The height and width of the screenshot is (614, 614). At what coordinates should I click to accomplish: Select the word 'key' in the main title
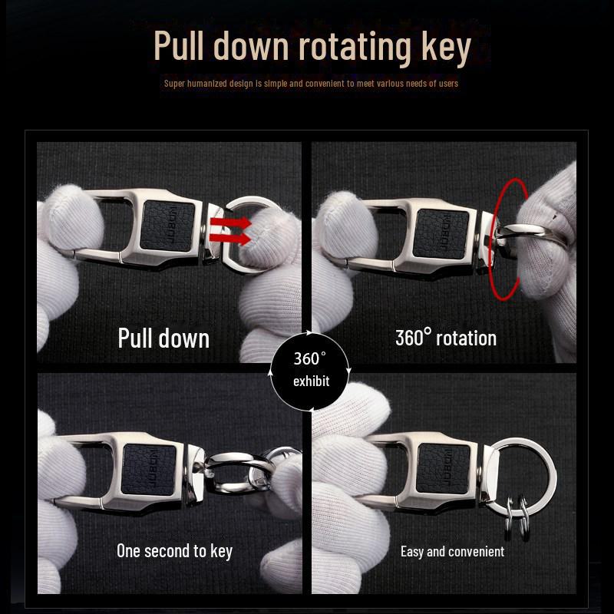point(445,48)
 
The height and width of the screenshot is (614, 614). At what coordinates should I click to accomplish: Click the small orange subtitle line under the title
point(311,83)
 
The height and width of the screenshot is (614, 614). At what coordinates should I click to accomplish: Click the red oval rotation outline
point(502,239)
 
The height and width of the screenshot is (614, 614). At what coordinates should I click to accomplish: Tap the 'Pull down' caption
point(163,338)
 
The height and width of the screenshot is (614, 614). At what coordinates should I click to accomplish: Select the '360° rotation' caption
point(445,338)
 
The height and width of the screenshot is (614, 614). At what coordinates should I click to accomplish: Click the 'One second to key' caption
point(174,550)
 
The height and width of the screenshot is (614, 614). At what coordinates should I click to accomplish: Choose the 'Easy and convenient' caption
point(452,551)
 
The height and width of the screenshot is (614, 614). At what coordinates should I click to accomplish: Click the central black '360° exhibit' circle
point(310,371)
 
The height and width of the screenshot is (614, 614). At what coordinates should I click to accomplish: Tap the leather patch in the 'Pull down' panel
point(166,226)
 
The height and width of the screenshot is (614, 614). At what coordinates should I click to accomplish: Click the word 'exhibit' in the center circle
point(310,381)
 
